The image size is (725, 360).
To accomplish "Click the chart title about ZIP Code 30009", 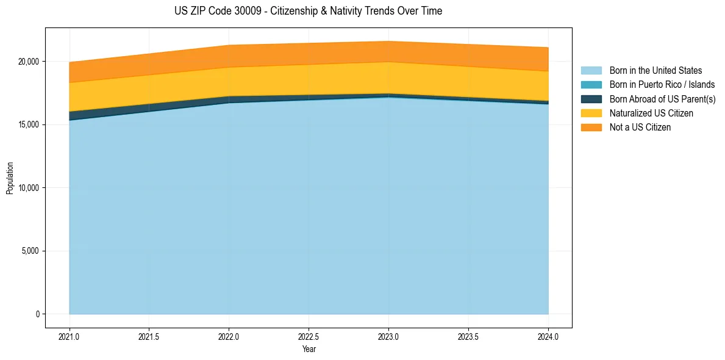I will tap(309, 11).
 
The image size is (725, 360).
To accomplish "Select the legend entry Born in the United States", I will tap(655, 71).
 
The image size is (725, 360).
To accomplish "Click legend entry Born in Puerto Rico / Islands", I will tap(662, 85).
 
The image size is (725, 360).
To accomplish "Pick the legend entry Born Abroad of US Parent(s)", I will tap(662, 99).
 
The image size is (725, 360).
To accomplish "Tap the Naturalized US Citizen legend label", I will tap(651, 113).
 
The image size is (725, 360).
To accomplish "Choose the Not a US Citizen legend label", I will tap(640, 128).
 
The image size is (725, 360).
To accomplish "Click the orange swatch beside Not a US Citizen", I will tap(591, 128).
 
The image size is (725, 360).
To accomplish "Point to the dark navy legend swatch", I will tap(591, 99).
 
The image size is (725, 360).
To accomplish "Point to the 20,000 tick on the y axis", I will tap(28, 62).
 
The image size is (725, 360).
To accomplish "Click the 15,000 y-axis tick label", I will tap(28, 124).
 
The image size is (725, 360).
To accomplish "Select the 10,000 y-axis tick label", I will tap(28, 188).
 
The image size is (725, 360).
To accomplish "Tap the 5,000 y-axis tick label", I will tap(30, 251).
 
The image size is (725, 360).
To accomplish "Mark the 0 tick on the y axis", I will tap(37, 314).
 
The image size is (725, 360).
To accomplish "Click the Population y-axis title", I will tap(10, 178).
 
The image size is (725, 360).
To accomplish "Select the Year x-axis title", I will tap(309, 350).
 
